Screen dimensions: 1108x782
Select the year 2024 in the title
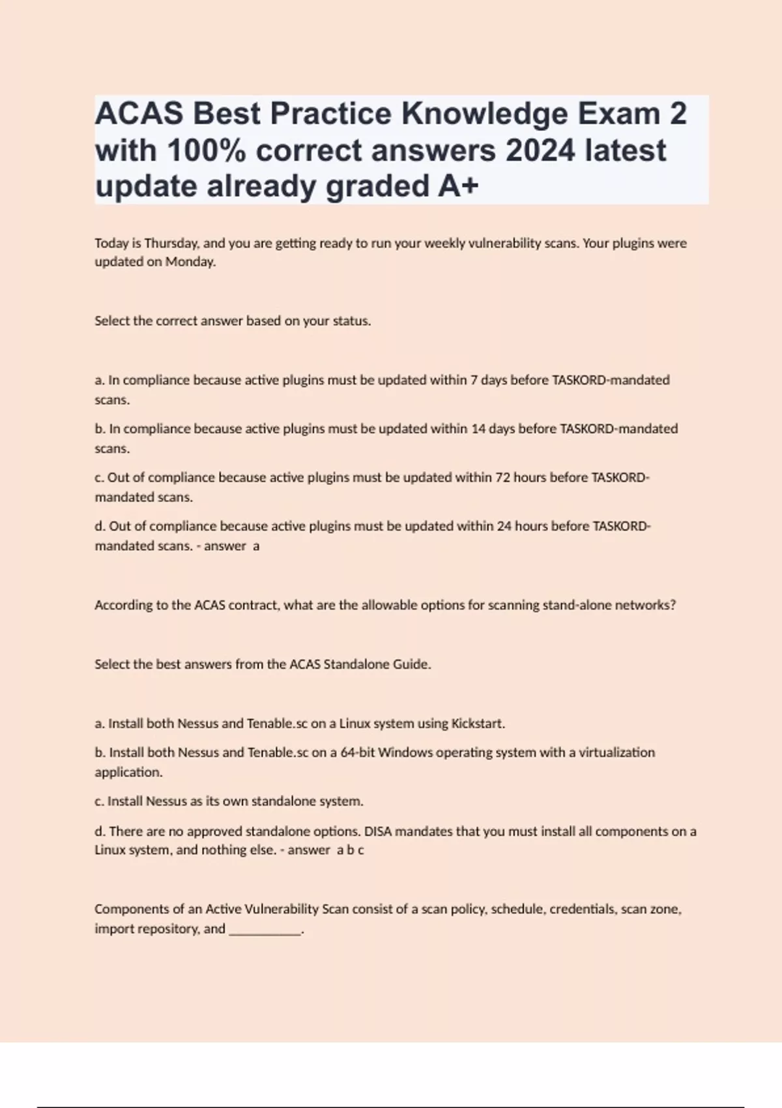click(540, 151)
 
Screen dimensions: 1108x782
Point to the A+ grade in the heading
click(458, 186)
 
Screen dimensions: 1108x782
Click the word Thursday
click(171, 243)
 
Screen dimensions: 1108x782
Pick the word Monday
click(190, 262)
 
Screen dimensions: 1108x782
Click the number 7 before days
click(474, 380)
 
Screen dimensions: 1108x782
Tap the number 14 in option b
click(478, 429)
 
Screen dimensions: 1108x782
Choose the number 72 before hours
click(502, 478)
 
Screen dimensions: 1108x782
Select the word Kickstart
click(478, 723)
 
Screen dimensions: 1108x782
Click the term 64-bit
click(358, 753)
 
